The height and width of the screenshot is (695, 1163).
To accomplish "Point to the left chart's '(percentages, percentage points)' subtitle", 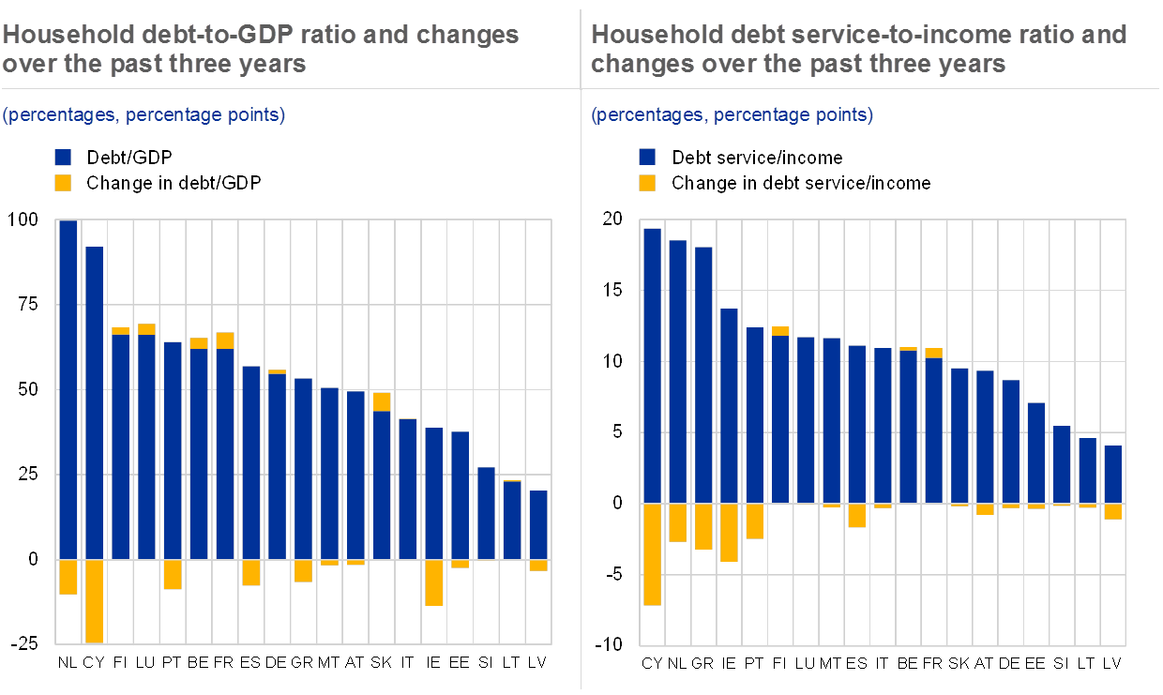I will click(143, 115).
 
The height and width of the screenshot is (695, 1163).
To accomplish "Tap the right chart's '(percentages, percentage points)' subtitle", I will click(732, 115).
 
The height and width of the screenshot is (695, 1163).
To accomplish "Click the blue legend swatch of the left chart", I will click(63, 157).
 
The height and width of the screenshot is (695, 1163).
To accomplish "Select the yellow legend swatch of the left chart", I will click(63, 183).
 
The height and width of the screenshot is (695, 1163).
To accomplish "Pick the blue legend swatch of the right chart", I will click(647, 157).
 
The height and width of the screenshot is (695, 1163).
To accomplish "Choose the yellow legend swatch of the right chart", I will click(647, 183).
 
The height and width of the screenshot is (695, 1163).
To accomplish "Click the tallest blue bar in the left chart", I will click(68, 389).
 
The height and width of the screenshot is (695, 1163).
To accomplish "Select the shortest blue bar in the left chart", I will click(538, 524).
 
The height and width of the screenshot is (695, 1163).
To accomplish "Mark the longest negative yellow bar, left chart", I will click(94, 601).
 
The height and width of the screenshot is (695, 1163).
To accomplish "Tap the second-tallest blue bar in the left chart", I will click(94, 403).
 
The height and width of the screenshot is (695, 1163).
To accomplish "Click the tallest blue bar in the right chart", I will click(652, 366).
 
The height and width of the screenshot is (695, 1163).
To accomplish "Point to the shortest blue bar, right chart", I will click(1112, 475).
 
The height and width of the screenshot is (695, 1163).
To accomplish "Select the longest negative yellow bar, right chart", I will click(652, 554).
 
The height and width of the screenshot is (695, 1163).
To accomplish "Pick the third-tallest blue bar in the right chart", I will click(703, 375).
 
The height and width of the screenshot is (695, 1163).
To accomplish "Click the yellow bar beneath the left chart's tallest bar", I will click(68, 577).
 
